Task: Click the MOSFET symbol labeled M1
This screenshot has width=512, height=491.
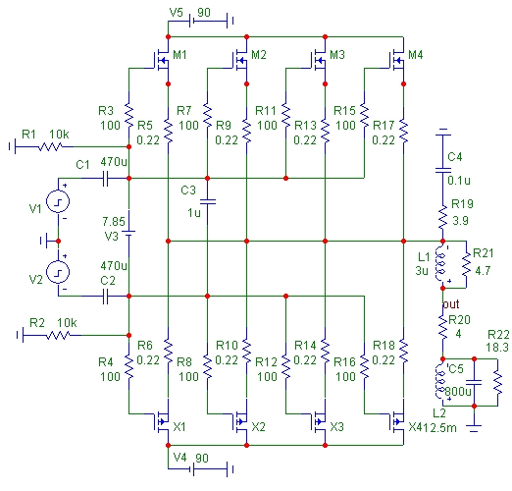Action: click(x=161, y=60)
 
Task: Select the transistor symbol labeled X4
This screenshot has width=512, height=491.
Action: click(x=396, y=421)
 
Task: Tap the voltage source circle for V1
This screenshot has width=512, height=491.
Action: click(x=58, y=201)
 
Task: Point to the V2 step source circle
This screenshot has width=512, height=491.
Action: click(x=58, y=272)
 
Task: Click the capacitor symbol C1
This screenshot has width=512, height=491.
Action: click(x=105, y=179)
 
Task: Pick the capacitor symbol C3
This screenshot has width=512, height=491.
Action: click(x=207, y=201)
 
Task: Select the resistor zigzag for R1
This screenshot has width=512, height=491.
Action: click(x=50, y=147)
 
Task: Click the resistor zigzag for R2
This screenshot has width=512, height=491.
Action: click(x=58, y=336)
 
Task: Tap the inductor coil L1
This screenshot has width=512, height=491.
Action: click(x=439, y=264)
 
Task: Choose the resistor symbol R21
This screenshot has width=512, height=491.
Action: click(x=466, y=264)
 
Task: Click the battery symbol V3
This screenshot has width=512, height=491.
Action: click(x=128, y=233)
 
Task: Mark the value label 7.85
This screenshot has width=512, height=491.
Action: click(x=114, y=222)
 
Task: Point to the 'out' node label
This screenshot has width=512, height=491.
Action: click(x=451, y=304)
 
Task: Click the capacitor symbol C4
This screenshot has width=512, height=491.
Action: click(x=443, y=170)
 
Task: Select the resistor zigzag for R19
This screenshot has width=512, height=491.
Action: click(x=443, y=217)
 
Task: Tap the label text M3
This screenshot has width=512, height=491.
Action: click(x=336, y=54)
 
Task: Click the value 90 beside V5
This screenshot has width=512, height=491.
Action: click(x=203, y=13)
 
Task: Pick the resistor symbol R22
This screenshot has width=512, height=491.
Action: click(x=497, y=382)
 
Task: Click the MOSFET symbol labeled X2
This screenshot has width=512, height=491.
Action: click(x=239, y=421)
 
